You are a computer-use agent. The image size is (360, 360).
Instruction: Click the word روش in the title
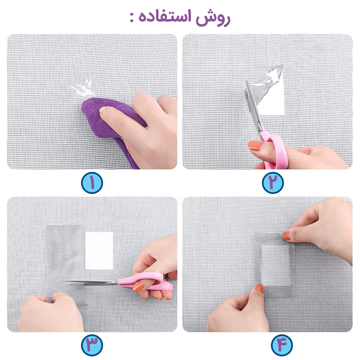[212, 18]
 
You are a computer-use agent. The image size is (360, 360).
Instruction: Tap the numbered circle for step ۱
[92, 183]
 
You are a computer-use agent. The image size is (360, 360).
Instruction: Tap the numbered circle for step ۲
[273, 183]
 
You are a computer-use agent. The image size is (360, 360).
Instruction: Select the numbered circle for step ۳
[92, 345]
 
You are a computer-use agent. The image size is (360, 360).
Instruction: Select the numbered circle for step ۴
[282, 345]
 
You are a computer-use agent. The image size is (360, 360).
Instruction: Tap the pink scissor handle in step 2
[275, 149]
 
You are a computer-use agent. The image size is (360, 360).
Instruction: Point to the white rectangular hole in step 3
[99, 251]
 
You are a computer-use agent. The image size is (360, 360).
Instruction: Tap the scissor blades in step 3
[92, 282]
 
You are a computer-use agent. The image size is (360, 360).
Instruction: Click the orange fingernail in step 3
[138, 286]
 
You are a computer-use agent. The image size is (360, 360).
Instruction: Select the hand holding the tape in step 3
[52, 312]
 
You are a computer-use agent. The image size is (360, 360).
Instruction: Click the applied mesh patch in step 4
[275, 265]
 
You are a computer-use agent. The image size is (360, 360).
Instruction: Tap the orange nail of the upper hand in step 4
[286, 235]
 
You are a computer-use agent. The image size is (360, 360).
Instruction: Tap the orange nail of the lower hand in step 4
[260, 288]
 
